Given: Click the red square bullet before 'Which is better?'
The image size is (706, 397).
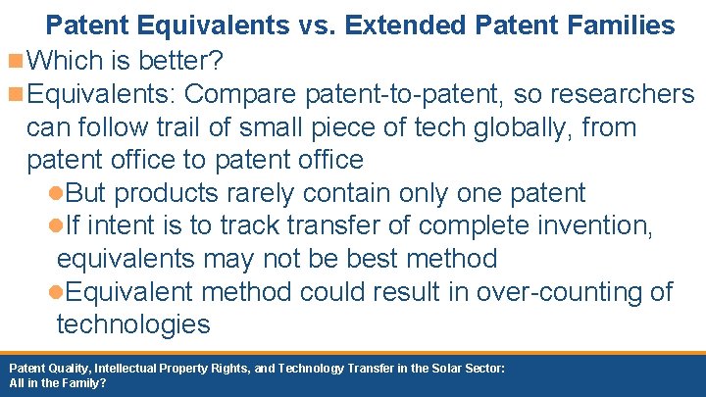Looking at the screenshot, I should click(x=15, y=62).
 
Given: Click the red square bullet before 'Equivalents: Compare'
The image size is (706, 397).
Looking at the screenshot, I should click(x=15, y=95).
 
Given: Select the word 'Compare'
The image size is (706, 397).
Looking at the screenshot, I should click(x=241, y=95).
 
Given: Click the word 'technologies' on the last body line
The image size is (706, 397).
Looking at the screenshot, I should click(x=133, y=324).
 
